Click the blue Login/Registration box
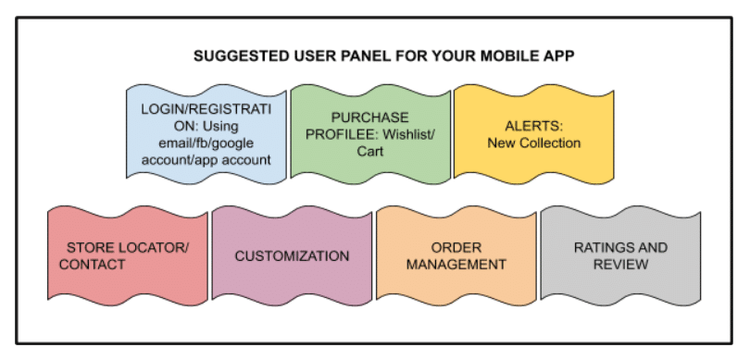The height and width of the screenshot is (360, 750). pos(206,132)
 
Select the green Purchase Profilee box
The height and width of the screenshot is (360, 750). pos(369,132)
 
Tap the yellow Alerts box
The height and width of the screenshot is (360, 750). pos(533,132)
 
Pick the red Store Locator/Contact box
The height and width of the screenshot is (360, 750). pos(128,255)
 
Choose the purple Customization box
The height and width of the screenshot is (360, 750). pos(292,255)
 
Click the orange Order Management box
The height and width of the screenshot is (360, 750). pos(456,255)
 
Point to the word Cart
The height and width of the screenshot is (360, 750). pos(370,152)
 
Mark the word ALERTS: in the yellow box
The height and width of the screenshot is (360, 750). pos(533,125)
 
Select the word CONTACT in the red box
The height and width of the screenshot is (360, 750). pos(92,265)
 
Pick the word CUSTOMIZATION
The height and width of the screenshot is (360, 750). pos(292,255)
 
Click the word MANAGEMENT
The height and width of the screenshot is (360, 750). pos(456,265)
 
